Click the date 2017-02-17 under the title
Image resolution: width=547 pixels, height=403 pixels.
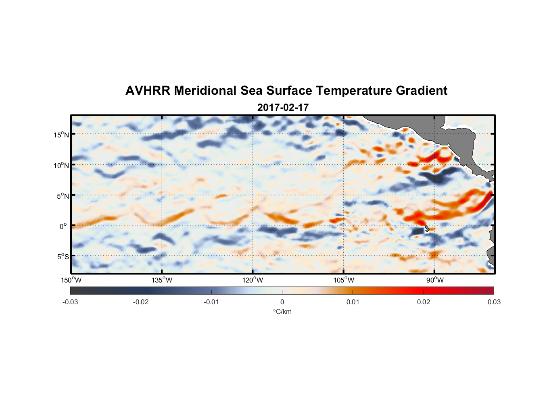pyautogui.click(x=283, y=108)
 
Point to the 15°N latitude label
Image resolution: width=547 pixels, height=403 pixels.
pyautogui.click(x=61, y=135)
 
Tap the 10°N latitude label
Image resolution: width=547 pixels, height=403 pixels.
pyautogui.click(x=61, y=166)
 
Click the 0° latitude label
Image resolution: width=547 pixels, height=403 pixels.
pyautogui.click(x=64, y=226)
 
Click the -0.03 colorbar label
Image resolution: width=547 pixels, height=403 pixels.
pyautogui.click(x=70, y=302)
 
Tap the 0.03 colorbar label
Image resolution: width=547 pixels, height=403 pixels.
pyautogui.click(x=494, y=302)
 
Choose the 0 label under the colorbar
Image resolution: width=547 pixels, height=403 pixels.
pyautogui.click(x=282, y=302)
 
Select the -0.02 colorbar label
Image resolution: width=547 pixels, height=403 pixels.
pyautogui.click(x=141, y=302)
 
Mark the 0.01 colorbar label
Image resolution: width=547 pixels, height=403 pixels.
pyautogui.click(x=353, y=302)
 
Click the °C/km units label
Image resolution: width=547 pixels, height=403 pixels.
pyautogui.click(x=282, y=312)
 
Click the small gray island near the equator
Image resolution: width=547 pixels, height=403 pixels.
pyautogui.click(x=426, y=229)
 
